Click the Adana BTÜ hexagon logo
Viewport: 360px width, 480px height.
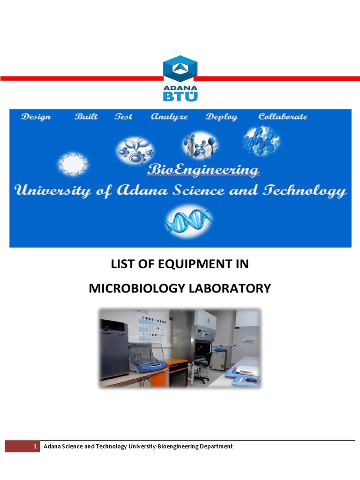pos(180,78)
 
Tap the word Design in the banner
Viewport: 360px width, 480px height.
pos(36,117)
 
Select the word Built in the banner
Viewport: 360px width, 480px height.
pos(86,116)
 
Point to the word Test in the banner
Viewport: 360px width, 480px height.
pos(124,116)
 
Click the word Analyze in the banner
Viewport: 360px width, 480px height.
pos(169,117)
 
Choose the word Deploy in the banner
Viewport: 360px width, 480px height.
pos(222,117)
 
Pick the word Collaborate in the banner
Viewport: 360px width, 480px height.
pos(283,116)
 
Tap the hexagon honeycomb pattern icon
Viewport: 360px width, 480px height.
pos(261,141)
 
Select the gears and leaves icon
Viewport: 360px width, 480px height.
pos(135,150)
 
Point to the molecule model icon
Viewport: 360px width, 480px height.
pos(201,146)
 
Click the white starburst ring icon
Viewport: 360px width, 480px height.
pos(73,164)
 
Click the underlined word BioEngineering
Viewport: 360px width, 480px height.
pos(203,170)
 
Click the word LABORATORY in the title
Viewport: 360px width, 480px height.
pos(230,288)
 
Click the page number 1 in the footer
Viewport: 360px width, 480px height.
pos(35,446)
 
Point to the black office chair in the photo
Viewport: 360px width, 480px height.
pos(201,367)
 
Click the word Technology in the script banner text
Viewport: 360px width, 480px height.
pos(305,191)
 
